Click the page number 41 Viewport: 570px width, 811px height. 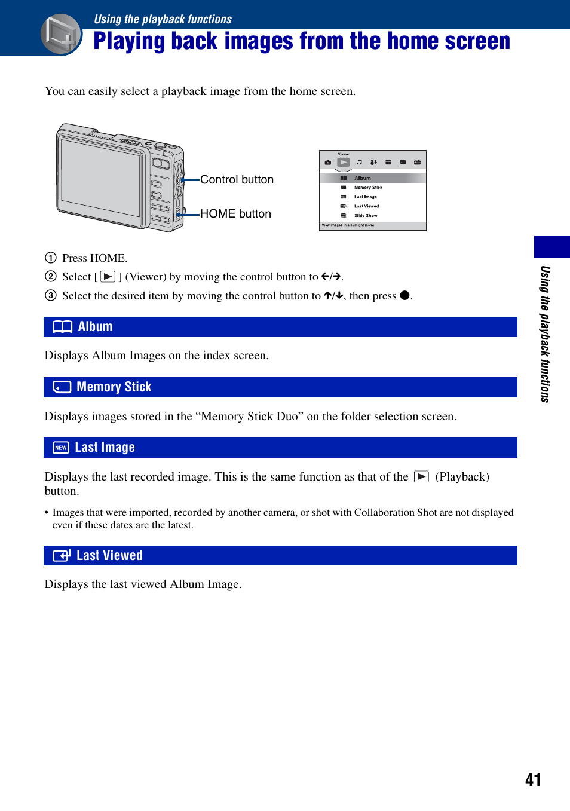click(533, 779)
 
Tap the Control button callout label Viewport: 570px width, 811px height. click(237, 180)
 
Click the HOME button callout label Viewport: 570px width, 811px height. click(235, 214)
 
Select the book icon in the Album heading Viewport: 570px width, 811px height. click(62, 327)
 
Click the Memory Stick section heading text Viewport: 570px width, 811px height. click(114, 387)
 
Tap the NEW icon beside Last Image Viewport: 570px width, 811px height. click(61, 448)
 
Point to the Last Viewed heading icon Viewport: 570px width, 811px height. click(62, 556)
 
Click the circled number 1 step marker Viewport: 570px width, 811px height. click(51, 258)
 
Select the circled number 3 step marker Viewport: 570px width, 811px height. click(51, 296)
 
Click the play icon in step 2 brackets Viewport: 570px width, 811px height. click(108, 277)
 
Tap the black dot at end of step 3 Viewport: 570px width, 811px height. click(404, 295)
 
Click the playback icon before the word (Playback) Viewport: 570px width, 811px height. click(421, 477)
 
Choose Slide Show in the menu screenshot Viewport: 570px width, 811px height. click(366, 216)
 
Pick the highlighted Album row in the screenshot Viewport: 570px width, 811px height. click(372, 178)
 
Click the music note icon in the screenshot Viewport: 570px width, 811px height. click(359, 162)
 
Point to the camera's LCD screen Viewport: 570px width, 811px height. click(101, 177)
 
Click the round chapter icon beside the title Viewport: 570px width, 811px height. click(61, 34)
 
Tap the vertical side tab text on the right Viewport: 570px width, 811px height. click(545, 333)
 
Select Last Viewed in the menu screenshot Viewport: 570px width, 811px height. click(366, 206)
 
